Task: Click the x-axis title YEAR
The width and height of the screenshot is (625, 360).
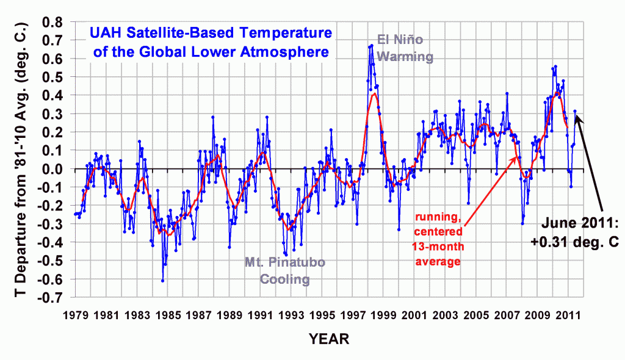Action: click(x=330, y=337)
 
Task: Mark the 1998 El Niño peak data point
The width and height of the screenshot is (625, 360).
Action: click(x=372, y=46)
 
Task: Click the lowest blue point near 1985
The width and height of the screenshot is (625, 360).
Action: click(x=163, y=280)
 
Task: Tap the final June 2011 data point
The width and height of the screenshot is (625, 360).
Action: click(x=574, y=111)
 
